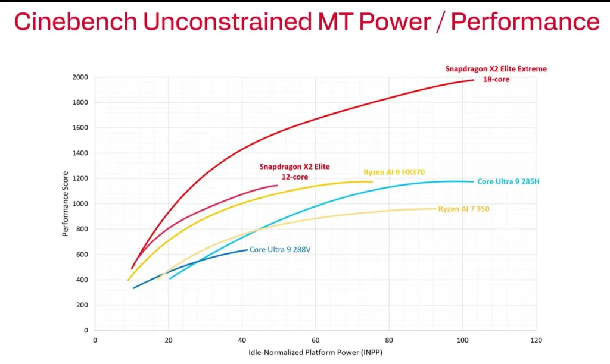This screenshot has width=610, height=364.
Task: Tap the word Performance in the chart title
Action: [x=525, y=21]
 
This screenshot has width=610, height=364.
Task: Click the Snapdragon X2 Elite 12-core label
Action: [x=294, y=171]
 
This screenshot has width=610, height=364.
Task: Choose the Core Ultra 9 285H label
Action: [x=508, y=181]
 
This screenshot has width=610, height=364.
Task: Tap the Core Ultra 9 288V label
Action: [x=280, y=250]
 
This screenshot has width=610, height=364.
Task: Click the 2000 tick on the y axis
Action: [x=80, y=77]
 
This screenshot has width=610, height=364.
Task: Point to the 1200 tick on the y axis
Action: [x=80, y=178]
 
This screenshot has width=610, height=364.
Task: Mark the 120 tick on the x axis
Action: [x=536, y=341]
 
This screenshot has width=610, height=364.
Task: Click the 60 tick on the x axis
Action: [x=315, y=341]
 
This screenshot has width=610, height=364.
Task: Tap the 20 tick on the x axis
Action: [x=169, y=341]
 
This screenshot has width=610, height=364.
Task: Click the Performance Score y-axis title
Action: [x=66, y=204]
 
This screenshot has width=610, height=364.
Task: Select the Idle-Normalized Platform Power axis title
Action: [x=316, y=353]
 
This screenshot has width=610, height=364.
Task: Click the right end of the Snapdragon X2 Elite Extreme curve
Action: [x=474, y=80]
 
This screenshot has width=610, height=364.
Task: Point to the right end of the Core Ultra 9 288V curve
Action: [x=247, y=250]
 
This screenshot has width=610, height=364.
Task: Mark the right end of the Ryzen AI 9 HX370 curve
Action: [x=372, y=182]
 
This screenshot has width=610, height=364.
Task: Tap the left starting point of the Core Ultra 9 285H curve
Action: [x=170, y=278]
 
